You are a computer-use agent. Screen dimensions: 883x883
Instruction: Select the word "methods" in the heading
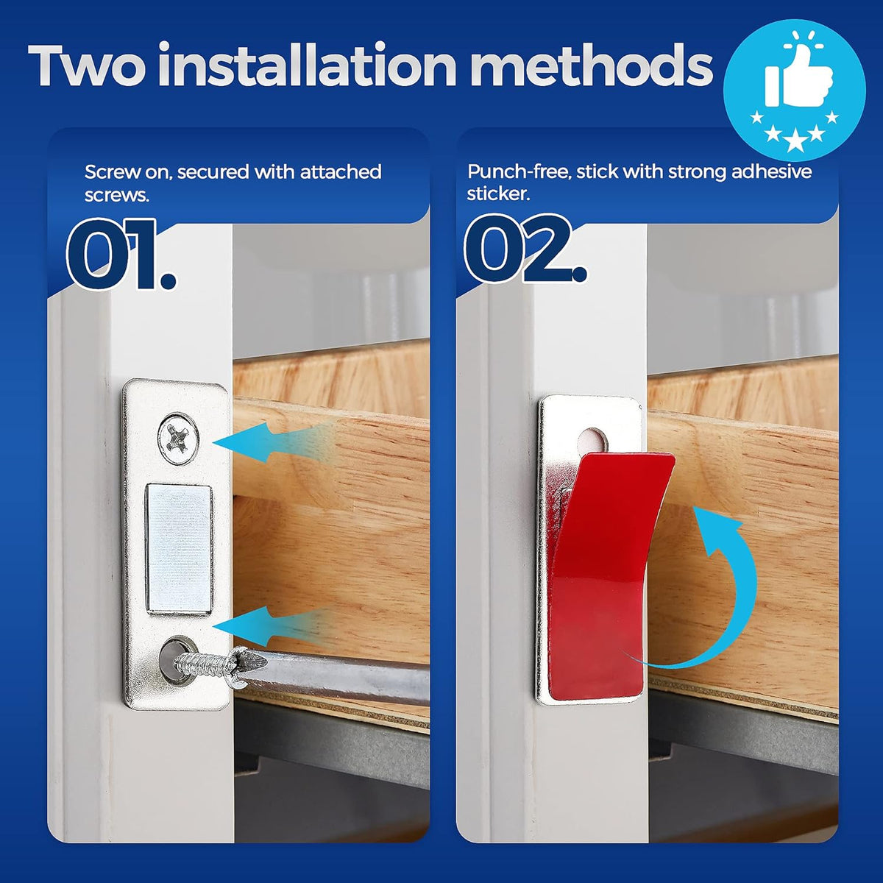(591, 66)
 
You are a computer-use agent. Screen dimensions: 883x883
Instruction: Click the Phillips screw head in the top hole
(178, 439)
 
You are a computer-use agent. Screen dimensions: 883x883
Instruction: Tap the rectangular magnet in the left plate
(179, 548)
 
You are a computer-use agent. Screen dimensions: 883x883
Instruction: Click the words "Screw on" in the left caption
(127, 172)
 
